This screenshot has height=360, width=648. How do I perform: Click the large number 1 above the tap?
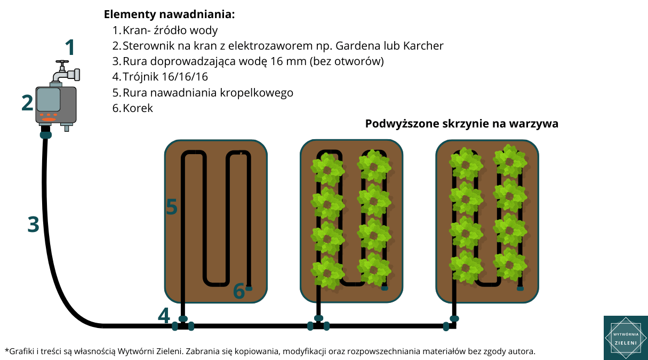70,47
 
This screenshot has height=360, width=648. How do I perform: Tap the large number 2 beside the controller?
27,103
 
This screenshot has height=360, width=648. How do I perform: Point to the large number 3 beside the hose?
33,225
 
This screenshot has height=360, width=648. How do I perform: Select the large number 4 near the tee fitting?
164,315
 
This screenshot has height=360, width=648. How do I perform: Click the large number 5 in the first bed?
172,206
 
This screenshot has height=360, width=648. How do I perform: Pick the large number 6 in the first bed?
239,291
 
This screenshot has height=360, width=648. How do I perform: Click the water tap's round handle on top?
62,62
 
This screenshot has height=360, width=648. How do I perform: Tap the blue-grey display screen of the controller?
49,99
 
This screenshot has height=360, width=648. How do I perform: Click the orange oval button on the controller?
49,119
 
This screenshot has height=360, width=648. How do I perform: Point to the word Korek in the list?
138,108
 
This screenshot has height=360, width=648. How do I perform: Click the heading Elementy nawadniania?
169,14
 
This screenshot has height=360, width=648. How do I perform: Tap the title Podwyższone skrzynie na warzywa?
462,124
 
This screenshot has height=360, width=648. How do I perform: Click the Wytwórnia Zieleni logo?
626,338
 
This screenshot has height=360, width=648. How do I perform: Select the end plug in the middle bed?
385,288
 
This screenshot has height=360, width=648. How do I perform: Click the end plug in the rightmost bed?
520,288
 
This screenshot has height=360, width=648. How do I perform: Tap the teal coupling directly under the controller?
46,134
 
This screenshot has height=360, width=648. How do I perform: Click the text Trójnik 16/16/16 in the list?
165,77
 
